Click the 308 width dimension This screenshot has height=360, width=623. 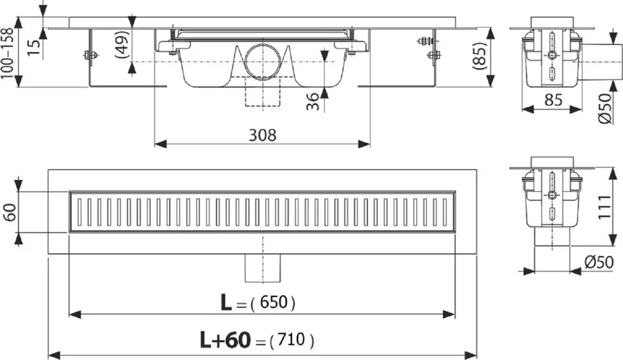pos(262,135)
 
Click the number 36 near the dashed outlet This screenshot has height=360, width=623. pos(313,100)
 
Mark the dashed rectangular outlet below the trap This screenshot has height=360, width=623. pos(262,94)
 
